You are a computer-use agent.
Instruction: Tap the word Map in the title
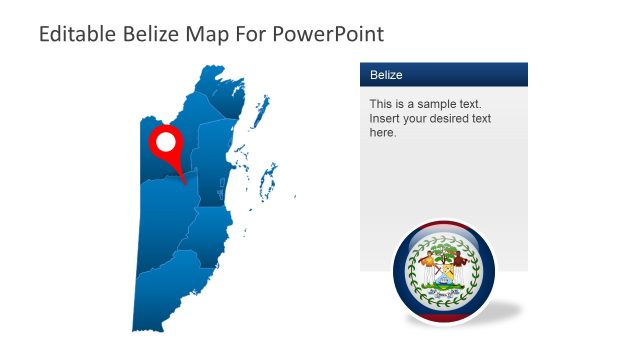(204, 34)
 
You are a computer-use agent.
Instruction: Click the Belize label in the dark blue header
(387, 74)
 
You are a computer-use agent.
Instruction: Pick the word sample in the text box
(432, 104)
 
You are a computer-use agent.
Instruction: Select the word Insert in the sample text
(386, 118)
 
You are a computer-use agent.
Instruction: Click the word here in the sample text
(383, 132)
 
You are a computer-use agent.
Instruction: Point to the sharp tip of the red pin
(187, 184)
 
